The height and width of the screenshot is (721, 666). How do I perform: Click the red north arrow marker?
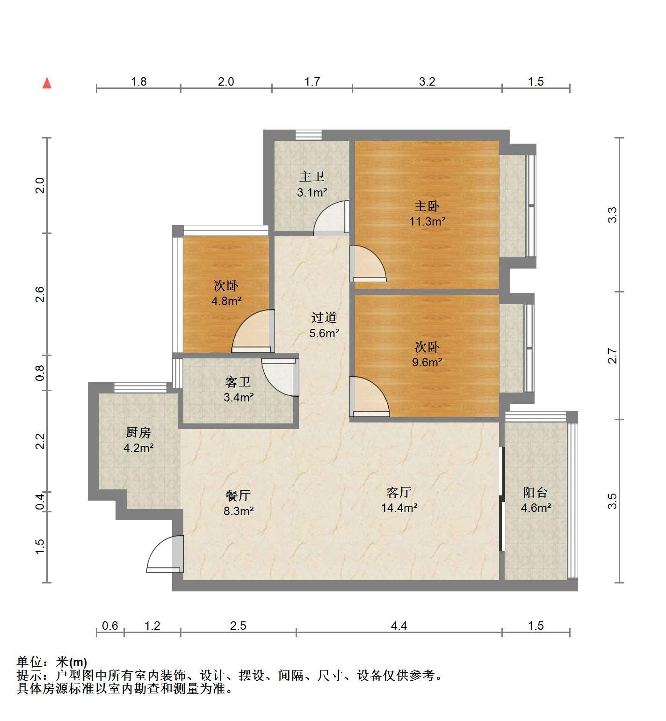(47, 83)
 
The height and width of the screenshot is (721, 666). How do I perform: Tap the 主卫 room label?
(312, 177)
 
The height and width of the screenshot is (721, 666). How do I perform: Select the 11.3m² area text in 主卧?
(427, 222)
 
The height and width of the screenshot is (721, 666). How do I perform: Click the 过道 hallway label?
(324, 318)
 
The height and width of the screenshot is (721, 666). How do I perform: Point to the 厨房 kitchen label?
(138, 432)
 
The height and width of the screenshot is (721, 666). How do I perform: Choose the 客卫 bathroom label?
(238, 382)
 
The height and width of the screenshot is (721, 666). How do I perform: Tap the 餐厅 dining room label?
(238, 495)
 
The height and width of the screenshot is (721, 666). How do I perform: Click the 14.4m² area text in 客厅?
(399, 508)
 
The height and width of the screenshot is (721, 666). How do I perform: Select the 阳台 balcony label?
(536, 492)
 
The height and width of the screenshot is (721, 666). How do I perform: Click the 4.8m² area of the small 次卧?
(226, 301)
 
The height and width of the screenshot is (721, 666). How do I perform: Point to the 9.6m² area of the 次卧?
(427, 362)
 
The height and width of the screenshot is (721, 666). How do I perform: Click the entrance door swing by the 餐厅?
(165, 554)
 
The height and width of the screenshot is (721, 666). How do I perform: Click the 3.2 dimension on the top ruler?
(427, 82)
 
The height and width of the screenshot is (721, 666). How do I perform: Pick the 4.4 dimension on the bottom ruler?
(399, 626)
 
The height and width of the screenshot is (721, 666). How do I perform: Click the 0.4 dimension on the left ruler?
(40, 502)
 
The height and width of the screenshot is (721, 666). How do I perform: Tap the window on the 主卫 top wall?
(309, 135)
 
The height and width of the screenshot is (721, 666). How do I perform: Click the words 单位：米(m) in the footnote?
(52, 662)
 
